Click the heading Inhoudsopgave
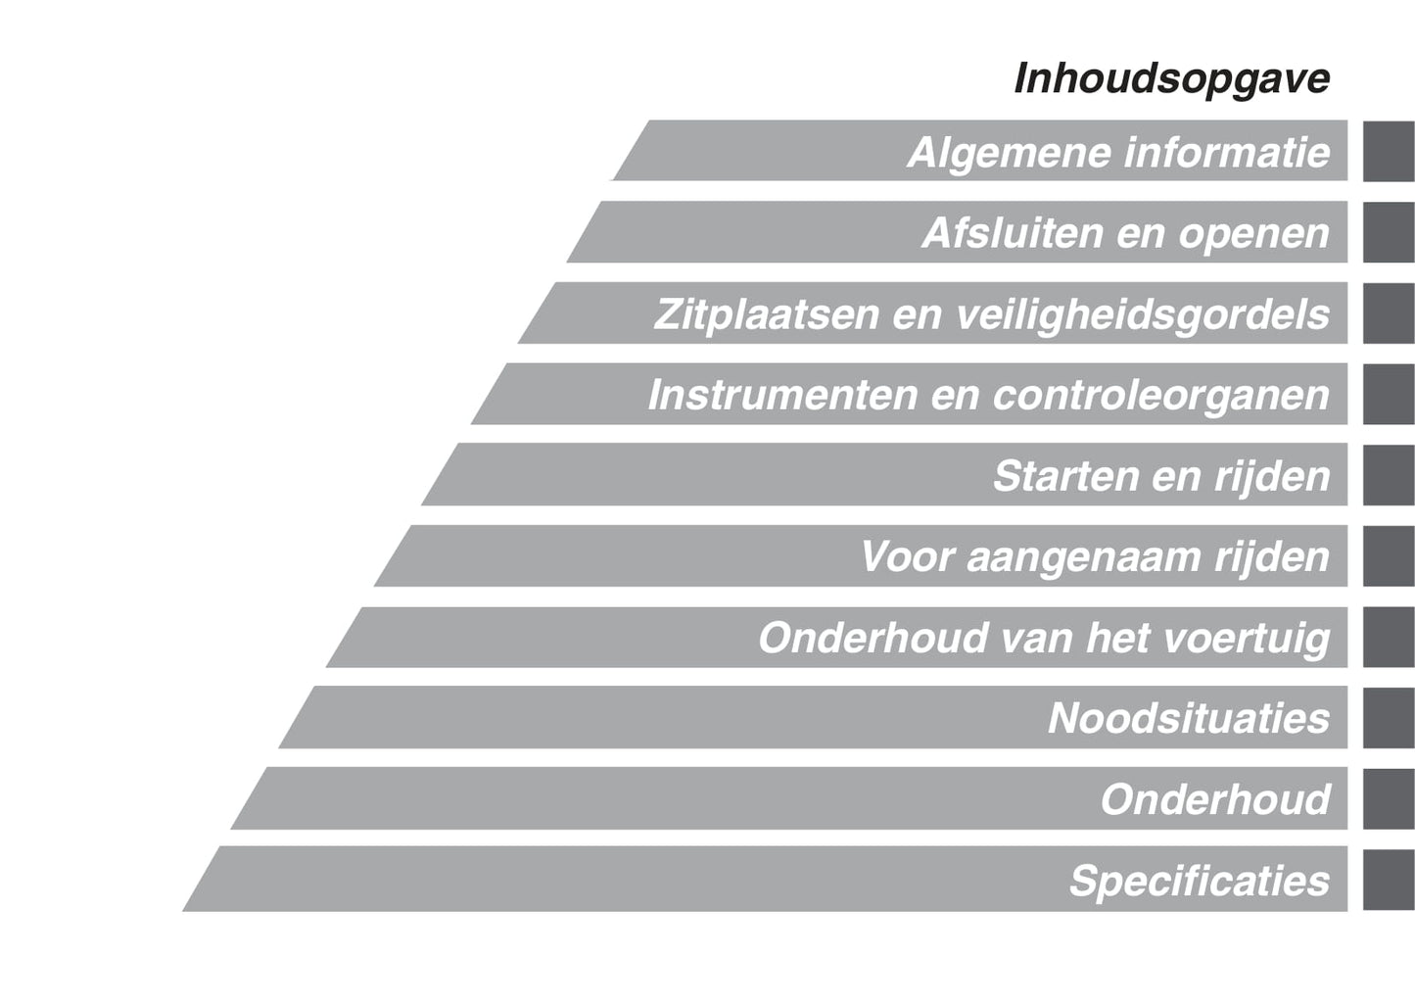tap(1172, 80)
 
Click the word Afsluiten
tap(1012, 233)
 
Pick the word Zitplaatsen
tap(766, 314)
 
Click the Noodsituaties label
tap(1189, 719)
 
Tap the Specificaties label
tap(1200, 882)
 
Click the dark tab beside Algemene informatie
tap(1390, 152)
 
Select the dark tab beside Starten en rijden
tap(1390, 475)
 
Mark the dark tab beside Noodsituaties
tap(1390, 718)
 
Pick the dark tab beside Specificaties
tap(1390, 880)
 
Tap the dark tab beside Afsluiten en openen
tap(1390, 232)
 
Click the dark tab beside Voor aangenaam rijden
tap(1390, 556)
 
